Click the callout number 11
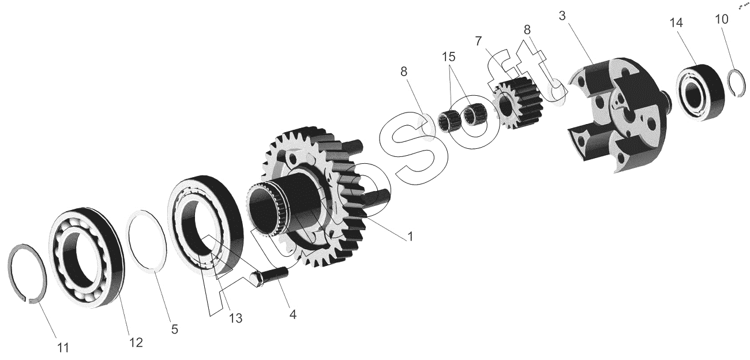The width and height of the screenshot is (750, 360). (x=63, y=348)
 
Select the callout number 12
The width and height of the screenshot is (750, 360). (x=136, y=342)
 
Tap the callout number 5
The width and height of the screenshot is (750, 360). (x=174, y=329)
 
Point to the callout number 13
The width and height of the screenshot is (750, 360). (x=235, y=318)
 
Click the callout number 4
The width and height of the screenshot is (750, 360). (x=292, y=314)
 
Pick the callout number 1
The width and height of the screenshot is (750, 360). (x=410, y=237)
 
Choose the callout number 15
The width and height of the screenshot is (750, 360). (x=448, y=57)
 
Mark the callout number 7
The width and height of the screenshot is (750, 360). (x=478, y=41)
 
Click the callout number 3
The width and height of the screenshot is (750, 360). (x=562, y=16)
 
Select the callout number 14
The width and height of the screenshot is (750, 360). (x=676, y=22)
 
